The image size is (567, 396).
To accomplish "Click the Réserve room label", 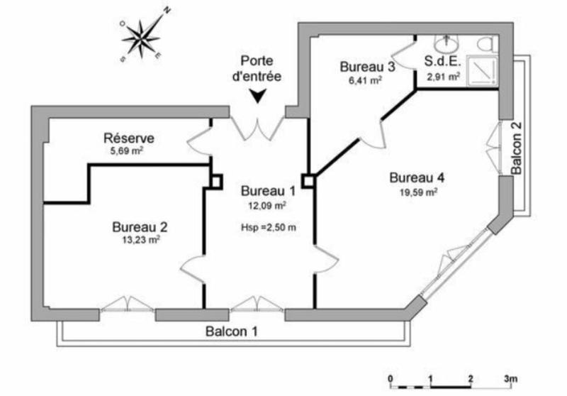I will (129, 138).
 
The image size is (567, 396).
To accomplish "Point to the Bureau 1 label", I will (268, 191).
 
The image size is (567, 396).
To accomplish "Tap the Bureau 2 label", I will (140, 227).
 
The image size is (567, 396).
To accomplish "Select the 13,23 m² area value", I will (140, 240).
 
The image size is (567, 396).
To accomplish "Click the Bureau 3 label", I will (367, 67).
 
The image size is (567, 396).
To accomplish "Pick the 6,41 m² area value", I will (366, 80).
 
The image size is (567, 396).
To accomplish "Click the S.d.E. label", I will (444, 61).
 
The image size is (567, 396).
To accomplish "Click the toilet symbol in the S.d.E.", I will (487, 43).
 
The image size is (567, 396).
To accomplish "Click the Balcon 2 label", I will (517, 148).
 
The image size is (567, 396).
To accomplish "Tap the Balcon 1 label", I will (232, 331).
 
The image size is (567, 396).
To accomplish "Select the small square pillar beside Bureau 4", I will (308, 180).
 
